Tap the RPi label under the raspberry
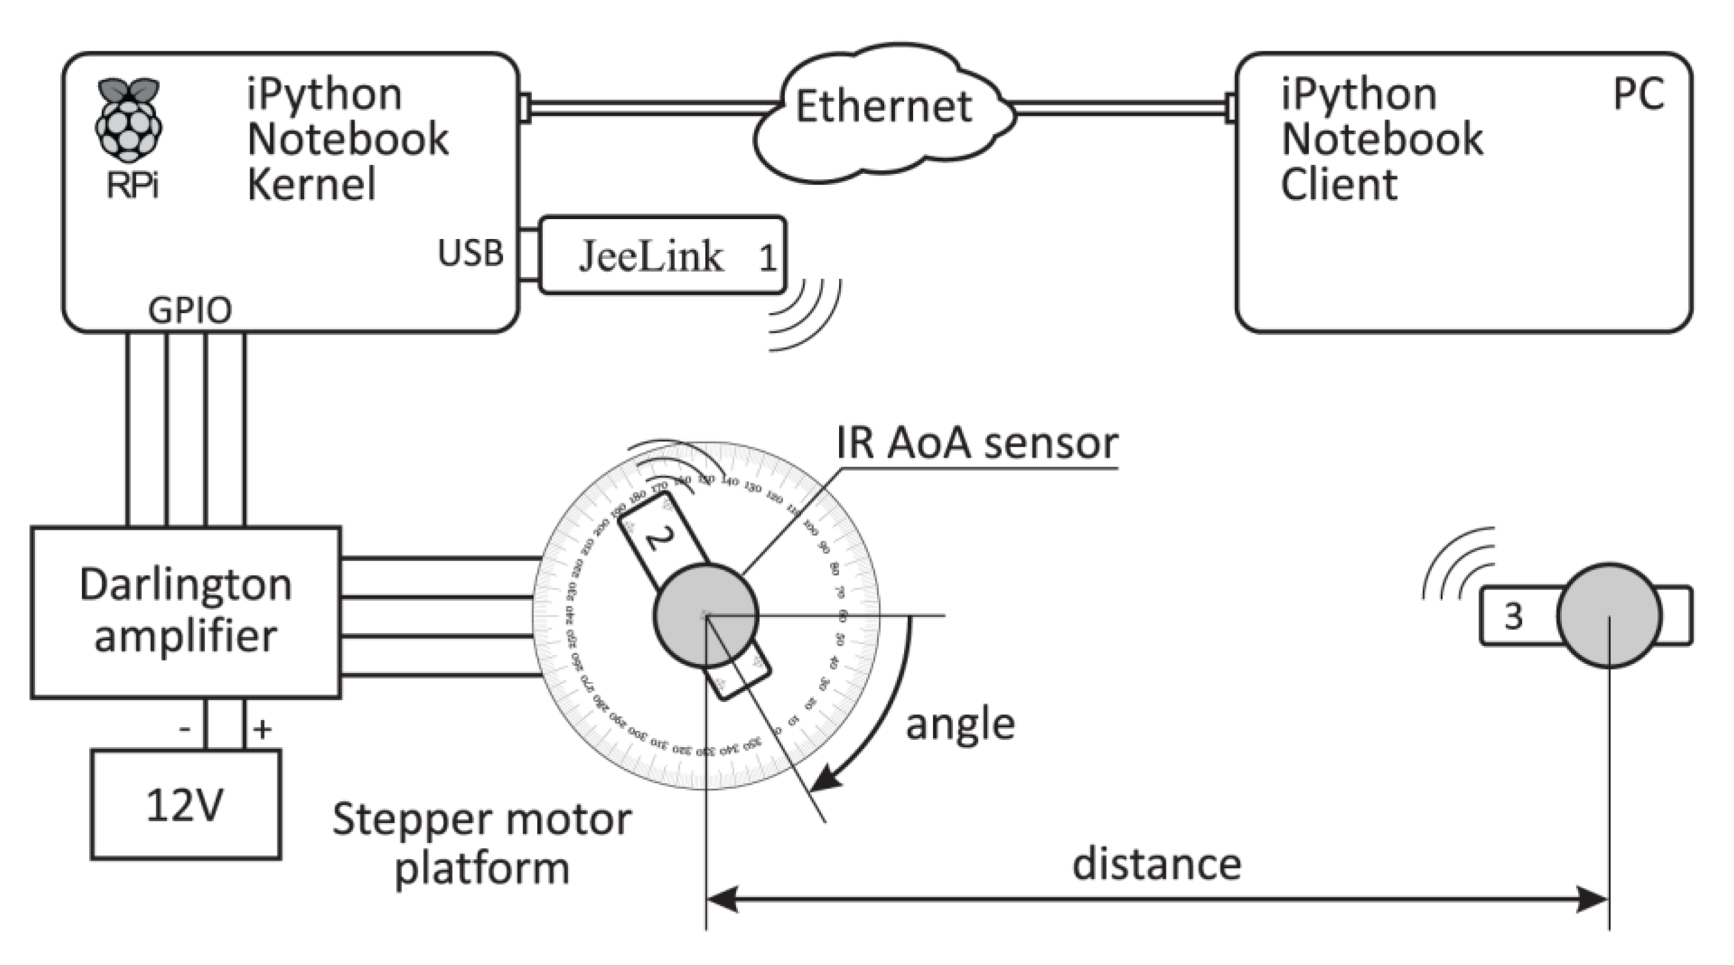coord(132,186)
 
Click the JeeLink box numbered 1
coord(663,255)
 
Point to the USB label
coord(471,253)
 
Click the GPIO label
coord(190,311)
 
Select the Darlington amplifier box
coord(186,611)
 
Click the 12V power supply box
coord(186,804)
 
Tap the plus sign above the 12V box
coord(262,728)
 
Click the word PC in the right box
coord(1638,95)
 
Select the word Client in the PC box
coord(1338,185)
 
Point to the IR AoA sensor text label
coord(977,443)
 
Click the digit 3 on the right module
coord(1513,615)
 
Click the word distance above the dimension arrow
coord(1156,864)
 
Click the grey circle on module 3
coord(1609,615)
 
